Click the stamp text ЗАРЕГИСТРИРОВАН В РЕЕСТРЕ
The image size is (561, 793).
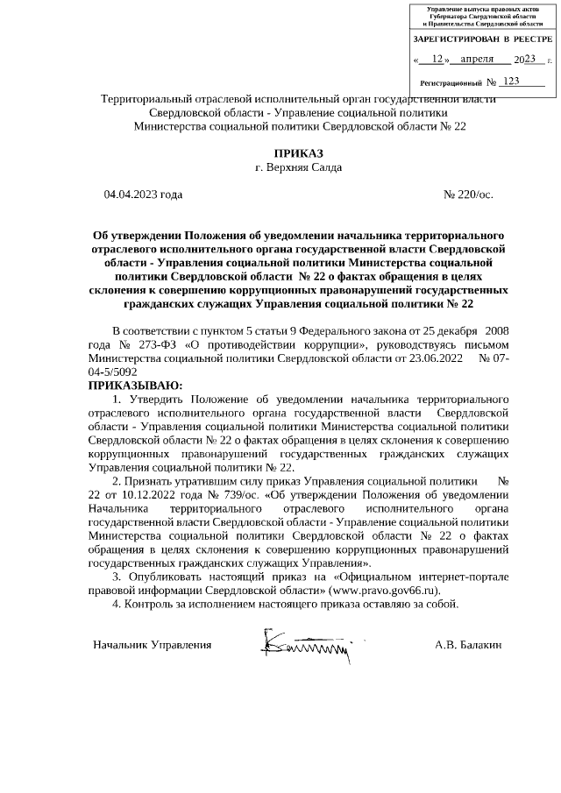click(x=482, y=40)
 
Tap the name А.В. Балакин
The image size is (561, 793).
click(x=468, y=645)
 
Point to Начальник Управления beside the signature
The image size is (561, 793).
click(x=153, y=645)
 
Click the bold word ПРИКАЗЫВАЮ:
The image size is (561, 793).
click(x=137, y=385)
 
